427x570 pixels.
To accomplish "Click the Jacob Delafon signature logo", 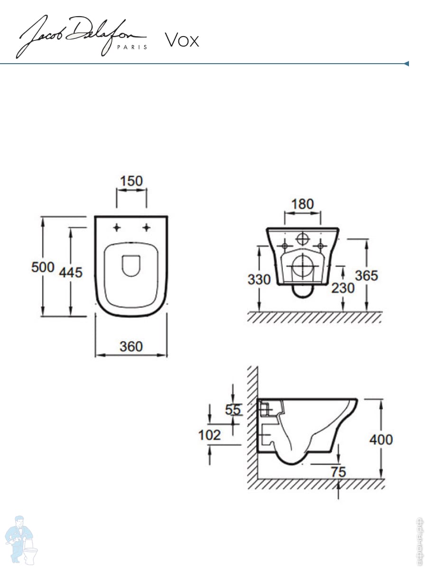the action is tap(82, 37).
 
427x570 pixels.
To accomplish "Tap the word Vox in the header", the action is tap(182, 40).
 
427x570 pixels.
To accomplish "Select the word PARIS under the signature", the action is tap(132, 47).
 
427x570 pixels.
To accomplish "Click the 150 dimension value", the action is tap(131, 181).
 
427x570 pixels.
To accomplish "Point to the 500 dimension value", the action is tap(43, 267).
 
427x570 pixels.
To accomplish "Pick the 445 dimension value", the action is tap(71, 272).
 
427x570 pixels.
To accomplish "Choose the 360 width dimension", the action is tap(131, 346).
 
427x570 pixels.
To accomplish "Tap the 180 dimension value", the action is tap(303, 204).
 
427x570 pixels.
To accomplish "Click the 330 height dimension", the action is tap(259, 279).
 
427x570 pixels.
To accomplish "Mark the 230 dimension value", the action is tap(343, 288).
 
